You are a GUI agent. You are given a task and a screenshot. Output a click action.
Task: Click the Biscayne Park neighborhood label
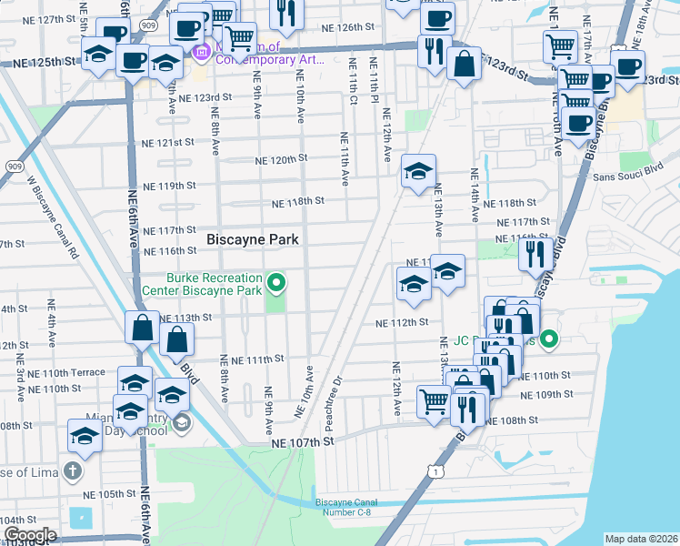(254, 239)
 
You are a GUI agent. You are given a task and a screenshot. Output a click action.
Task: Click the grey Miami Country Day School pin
(181, 422)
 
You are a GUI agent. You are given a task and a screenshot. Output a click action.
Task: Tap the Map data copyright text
(640, 539)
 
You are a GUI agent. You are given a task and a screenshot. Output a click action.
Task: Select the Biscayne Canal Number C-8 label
(351, 508)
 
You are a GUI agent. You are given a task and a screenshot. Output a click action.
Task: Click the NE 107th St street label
(304, 441)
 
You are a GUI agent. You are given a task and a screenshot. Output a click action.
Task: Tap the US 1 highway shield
(438, 470)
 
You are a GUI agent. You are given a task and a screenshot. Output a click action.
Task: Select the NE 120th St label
(276, 159)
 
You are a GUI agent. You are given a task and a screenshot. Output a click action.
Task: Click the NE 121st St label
(168, 143)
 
